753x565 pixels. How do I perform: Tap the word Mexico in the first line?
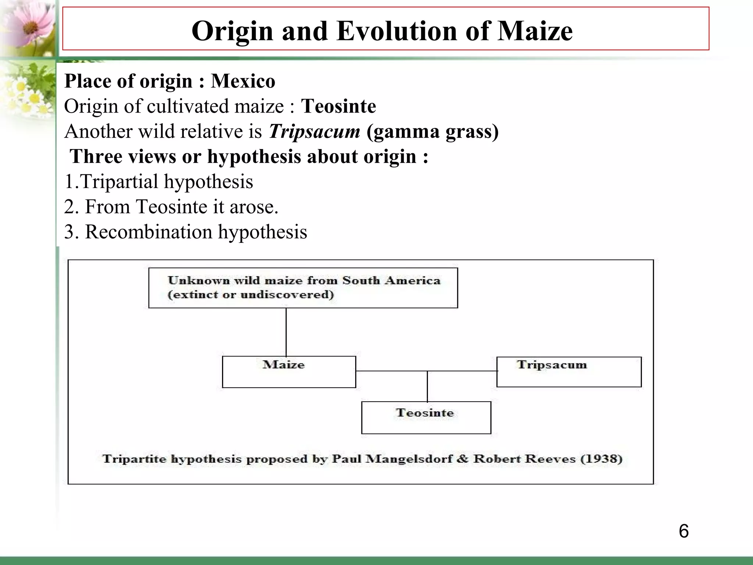coord(243,81)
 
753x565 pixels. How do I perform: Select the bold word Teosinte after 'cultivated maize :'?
coord(338,106)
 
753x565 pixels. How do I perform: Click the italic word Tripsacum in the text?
coord(314,131)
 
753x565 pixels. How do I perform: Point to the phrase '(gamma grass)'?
coord(432,131)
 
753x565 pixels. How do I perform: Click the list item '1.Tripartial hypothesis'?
coord(158,182)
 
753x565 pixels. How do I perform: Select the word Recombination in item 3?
coord(149,232)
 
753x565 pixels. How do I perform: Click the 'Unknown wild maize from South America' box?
coord(303,288)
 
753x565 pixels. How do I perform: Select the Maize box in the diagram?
coord(289,372)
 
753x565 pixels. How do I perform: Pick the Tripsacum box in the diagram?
coord(569,372)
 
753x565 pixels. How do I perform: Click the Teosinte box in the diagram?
coord(426,417)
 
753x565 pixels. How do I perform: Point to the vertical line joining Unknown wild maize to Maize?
coord(286,332)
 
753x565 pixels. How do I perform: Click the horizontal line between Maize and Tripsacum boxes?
coord(390,371)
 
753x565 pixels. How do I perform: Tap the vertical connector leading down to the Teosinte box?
coord(427,386)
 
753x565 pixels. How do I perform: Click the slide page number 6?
coord(684,532)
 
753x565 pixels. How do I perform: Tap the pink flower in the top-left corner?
coord(29,24)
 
